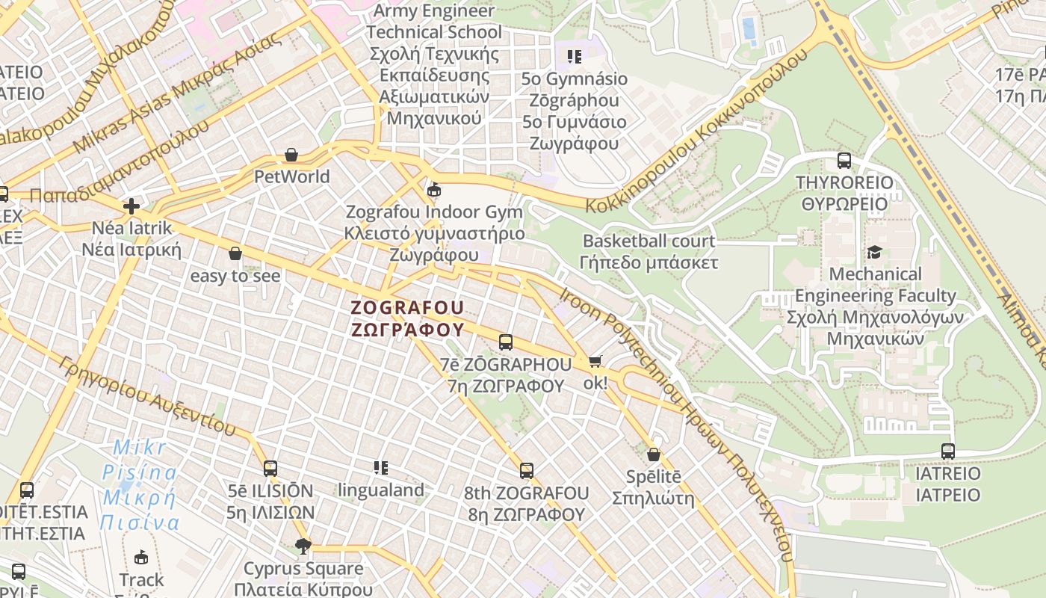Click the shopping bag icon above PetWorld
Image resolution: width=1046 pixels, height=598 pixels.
pos(291,155)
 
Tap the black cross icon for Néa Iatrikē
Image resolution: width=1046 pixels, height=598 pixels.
pos(131,206)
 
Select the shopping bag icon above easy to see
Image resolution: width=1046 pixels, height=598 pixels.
pos(235,253)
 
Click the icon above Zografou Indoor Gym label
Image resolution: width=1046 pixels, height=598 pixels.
pos(433,189)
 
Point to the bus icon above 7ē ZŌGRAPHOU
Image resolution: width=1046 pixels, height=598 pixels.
pos(506,342)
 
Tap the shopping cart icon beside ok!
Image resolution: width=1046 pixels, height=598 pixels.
pos(595,361)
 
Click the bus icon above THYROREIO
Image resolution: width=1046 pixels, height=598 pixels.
pos(844,160)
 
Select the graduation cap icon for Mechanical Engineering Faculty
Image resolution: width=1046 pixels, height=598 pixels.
pos(875,252)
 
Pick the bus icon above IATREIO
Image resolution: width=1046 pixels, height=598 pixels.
pos(948,451)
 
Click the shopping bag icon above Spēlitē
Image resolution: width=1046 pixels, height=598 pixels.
pos(654,454)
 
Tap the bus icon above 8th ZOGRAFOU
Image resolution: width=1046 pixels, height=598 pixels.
pos(527,471)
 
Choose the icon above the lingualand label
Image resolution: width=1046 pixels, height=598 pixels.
pos(381,468)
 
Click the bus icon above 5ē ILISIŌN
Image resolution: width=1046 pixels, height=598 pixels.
pos(270,469)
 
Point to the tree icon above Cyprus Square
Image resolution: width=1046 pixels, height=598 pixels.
pos(303,546)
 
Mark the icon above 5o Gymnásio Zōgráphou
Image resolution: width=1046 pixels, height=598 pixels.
pos(574,57)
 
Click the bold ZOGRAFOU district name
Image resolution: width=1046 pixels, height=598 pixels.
pos(408,318)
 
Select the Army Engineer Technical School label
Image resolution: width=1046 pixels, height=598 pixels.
pos(434,64)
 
